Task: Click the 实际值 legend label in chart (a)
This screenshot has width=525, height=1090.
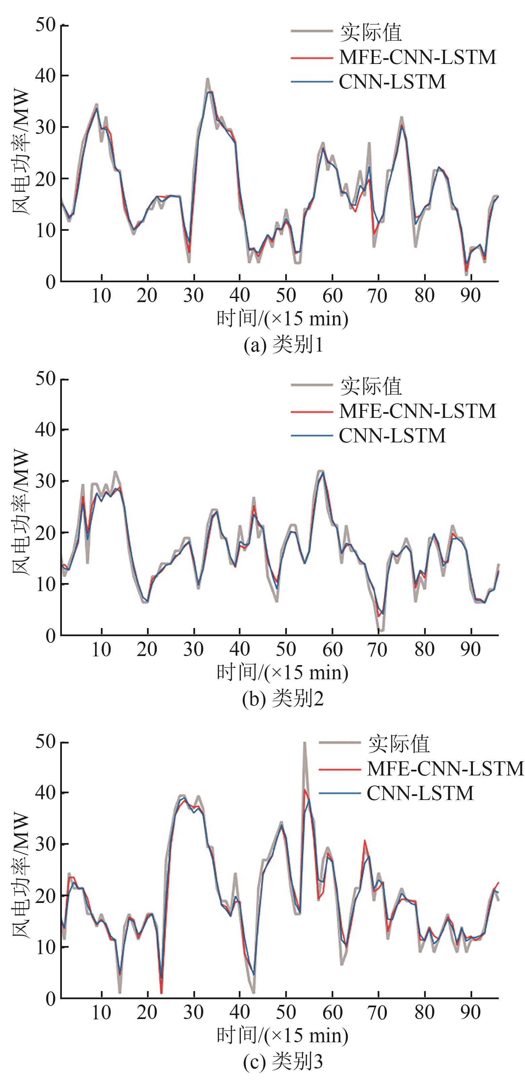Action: click(x=371, y=33)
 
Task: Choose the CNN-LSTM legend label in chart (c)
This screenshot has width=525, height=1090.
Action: click(x=420, y=793)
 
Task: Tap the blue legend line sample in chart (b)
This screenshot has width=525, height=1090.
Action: click(x=312, y=436)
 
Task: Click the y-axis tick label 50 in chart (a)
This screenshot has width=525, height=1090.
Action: click(x=45, y=25)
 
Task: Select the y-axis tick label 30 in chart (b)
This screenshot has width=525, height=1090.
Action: click(x=45, y=481)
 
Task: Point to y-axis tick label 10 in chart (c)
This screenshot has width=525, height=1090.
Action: click(x=45, y=947)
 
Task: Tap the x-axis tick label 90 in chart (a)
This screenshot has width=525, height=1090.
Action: click(x=471, y=295)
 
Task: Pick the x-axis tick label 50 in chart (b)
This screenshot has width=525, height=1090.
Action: click(x=286, y=649)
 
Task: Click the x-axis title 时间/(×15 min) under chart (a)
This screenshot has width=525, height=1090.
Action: click(x=282, y=319)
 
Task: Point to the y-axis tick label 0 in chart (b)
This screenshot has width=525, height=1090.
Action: click(x=50, y=635)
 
